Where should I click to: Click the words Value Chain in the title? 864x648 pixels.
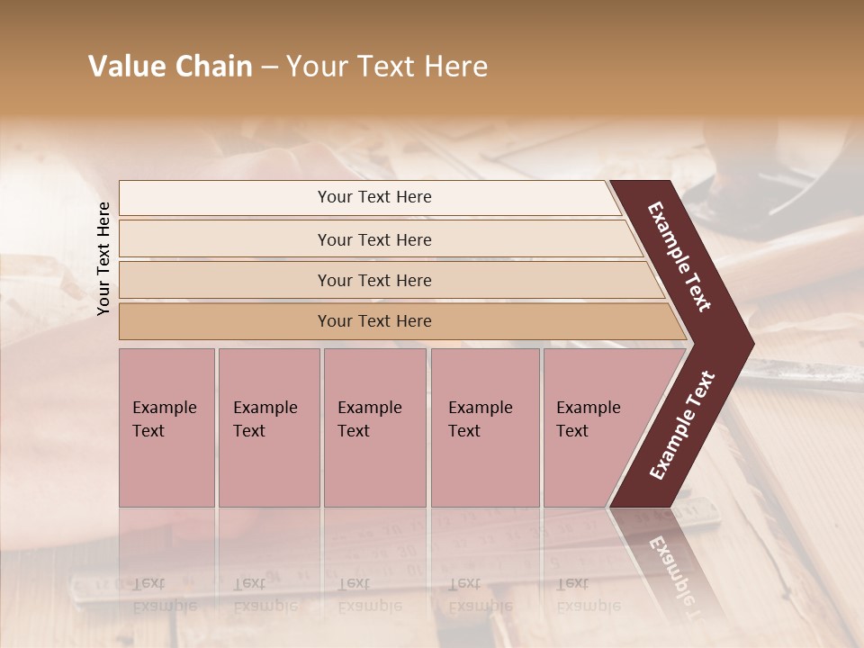[x=170, y=67]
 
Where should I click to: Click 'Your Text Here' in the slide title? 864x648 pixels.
[x=387, y=67]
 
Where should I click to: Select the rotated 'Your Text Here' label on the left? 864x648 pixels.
[x=103, y=258]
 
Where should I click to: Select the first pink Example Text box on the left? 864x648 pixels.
[x=166, y=427]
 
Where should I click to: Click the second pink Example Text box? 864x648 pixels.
[x=269, y=427]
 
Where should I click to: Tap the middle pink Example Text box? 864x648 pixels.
[x=374, y=427]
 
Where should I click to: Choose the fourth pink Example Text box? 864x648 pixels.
[x=485, y=427]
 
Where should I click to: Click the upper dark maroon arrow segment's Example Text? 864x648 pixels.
[x=679, y=256]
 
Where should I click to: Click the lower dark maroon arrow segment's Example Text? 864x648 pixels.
[x=681, y=425]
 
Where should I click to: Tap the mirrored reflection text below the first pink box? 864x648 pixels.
[x=164, y=594]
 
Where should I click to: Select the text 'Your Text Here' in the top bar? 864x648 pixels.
[x=374, y=197]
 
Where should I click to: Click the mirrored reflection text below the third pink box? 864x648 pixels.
[x=369, y=594]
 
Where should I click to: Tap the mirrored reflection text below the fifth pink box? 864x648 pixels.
[x=588, y=594]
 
